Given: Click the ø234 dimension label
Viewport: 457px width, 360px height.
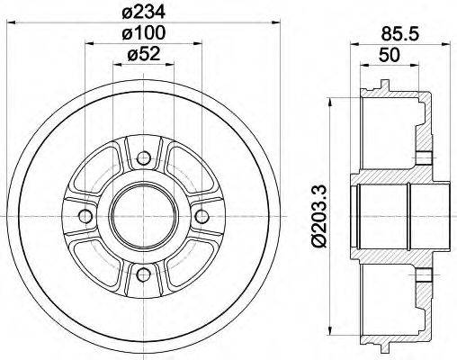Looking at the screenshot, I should click(144, 11).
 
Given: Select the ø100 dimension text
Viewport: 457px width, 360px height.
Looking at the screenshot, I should click(144, 33).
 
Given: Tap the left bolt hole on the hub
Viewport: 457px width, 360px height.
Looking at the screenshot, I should click(85, 215).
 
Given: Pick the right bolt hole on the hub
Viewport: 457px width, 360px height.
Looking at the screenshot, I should click(201, 215).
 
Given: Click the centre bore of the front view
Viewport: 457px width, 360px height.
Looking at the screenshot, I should click(143, 215).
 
